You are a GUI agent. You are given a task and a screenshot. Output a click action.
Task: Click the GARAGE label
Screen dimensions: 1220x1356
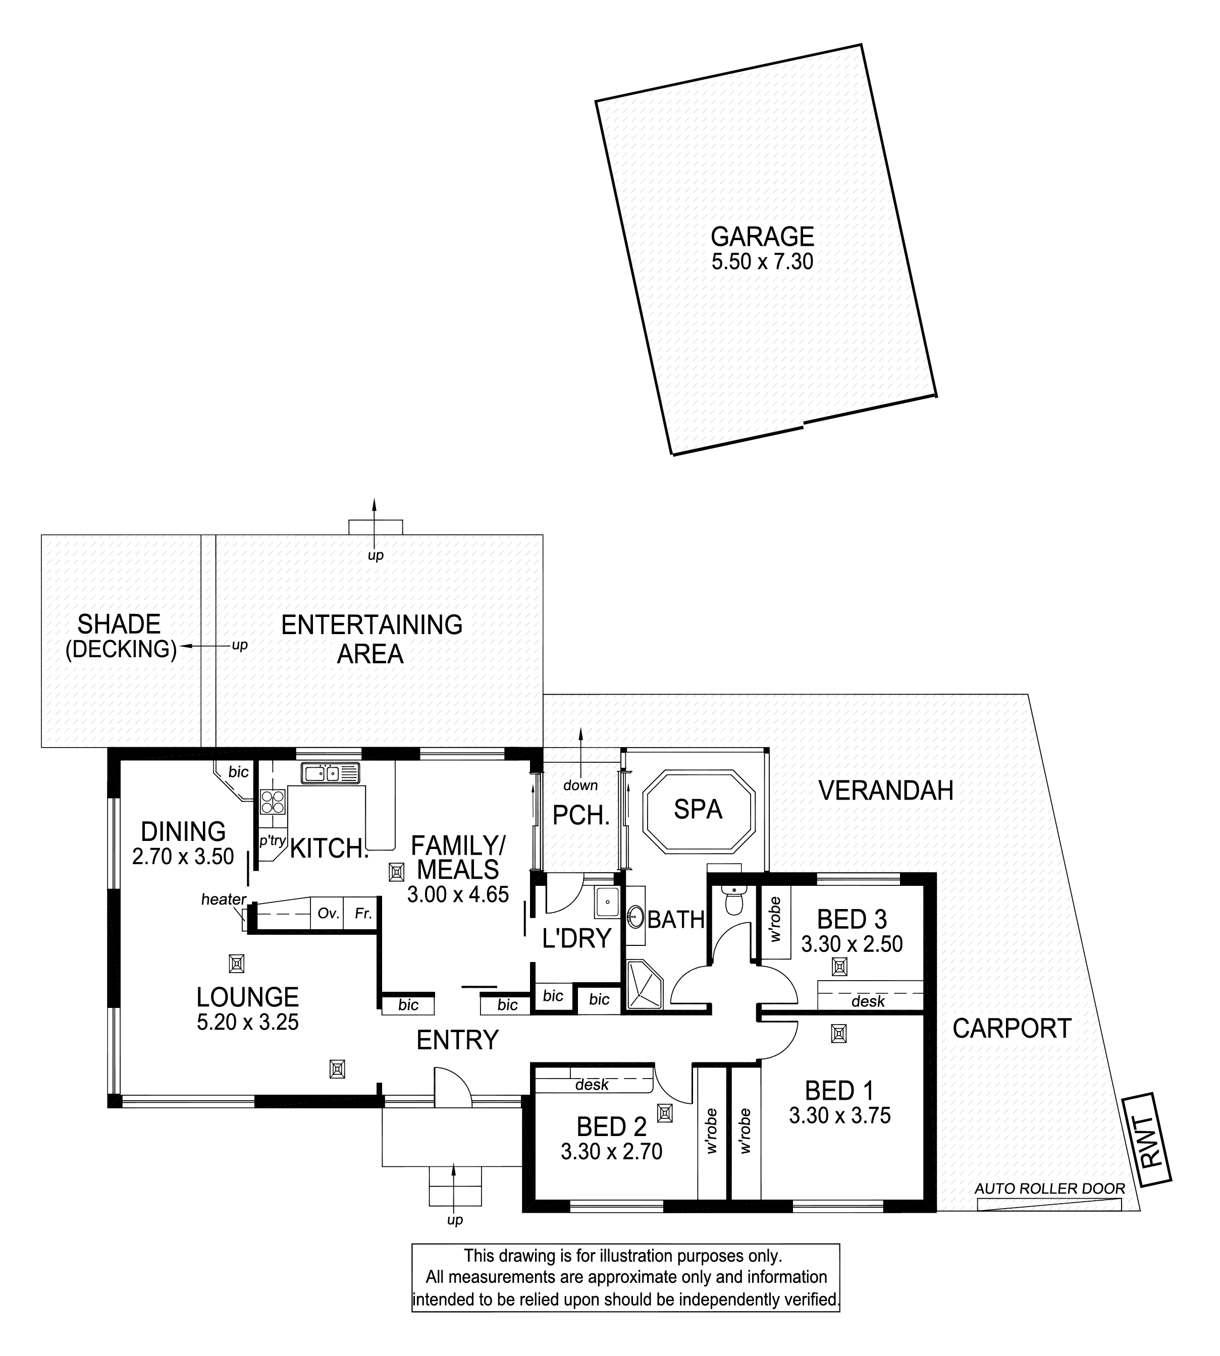point(762,237)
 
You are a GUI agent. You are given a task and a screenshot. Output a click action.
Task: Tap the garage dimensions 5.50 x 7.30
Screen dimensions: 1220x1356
point(762,261)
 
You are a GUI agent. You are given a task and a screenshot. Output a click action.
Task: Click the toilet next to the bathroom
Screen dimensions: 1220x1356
point(735,899)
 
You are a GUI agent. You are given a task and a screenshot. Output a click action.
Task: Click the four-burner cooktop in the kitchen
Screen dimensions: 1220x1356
point(273,801)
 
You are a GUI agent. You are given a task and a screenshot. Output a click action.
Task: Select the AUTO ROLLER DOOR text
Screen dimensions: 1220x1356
point(1050,1189)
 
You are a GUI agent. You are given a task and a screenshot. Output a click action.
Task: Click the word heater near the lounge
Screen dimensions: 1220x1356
point(224,899)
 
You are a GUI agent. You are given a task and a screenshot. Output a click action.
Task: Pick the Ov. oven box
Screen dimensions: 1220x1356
point(327,913)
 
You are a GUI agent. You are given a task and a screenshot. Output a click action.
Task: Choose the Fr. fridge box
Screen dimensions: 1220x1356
point(362,913)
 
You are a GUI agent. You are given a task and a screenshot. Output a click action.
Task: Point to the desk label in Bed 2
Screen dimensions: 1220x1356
point(592,1084)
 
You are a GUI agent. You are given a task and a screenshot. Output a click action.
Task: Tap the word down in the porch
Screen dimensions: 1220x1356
point(580,785)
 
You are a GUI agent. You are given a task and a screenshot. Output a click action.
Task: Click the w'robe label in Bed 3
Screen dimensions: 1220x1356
point(776,920)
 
